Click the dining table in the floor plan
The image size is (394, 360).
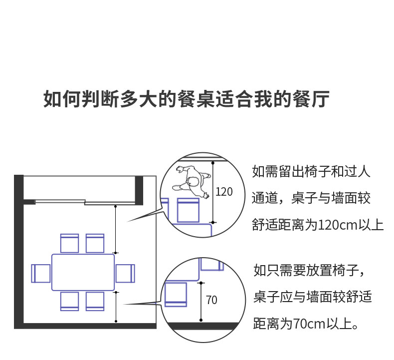tap(83, 272)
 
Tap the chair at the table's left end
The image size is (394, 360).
tap(41, 273)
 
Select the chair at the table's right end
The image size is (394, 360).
tap(125, 273)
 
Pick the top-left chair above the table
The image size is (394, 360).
tap(70, 243)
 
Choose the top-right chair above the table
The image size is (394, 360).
tap(95, 243)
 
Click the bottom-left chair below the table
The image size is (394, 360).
tap(70, 301)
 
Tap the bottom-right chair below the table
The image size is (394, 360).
tap(95, 301)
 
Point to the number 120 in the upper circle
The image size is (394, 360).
tap(224, 191)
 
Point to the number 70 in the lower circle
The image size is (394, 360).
tap(211, 300)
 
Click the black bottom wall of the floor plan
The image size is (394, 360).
tap(87, 326)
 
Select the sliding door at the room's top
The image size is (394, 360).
tap(85, 202)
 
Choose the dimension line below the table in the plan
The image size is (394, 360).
tap(116, 306)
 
